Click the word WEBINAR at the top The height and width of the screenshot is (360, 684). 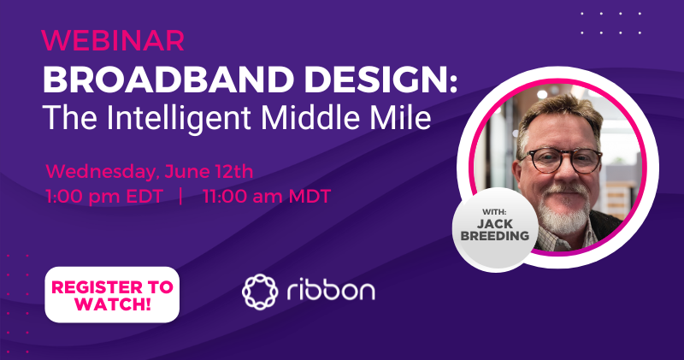click(x=112, y=39)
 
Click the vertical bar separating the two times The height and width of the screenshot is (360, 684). click(x=181, y=195)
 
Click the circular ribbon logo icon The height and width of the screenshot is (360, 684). click(x=260, y=292)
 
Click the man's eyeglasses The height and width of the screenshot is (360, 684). click(x=562, y=159)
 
